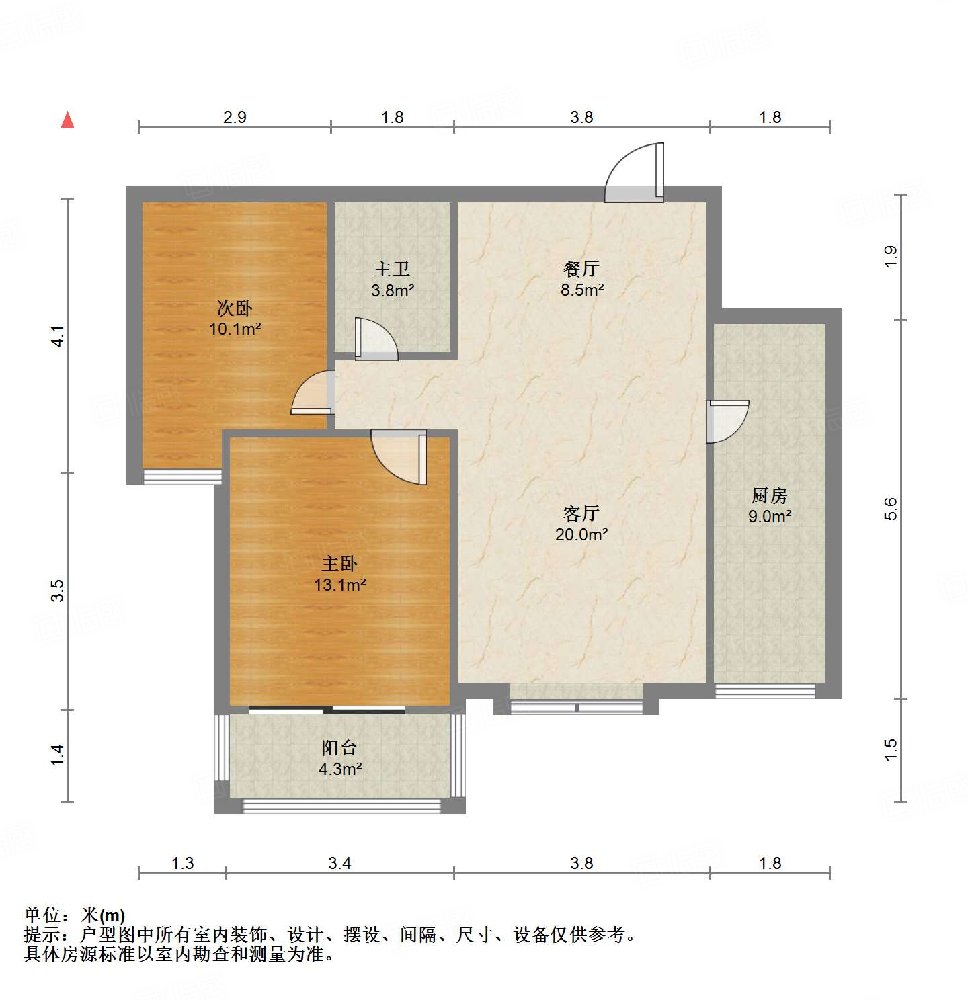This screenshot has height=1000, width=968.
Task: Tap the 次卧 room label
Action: coord(235,308)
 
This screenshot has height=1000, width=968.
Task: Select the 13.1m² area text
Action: coord(339,585)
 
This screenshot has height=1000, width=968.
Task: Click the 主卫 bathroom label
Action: coord(392,269)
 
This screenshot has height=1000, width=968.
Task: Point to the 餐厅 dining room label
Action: coord(581,269)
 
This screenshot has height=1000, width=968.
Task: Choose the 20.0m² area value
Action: coord(581,535)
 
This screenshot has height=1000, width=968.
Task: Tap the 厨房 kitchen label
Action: coord(770,495)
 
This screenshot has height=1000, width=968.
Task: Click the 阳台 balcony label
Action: coord(339,747)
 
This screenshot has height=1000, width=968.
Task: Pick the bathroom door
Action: coord(375,338)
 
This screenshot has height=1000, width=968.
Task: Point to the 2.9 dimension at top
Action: coord(235,117)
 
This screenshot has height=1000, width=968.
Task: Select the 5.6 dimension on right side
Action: coord(891,509)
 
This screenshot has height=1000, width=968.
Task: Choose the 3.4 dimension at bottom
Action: coord(339,862)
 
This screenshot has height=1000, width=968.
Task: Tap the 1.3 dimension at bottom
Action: coord(182,862)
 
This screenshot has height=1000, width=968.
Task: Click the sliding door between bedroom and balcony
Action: coord(327,709)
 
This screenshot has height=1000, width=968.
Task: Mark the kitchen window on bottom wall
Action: coord(765,690)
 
